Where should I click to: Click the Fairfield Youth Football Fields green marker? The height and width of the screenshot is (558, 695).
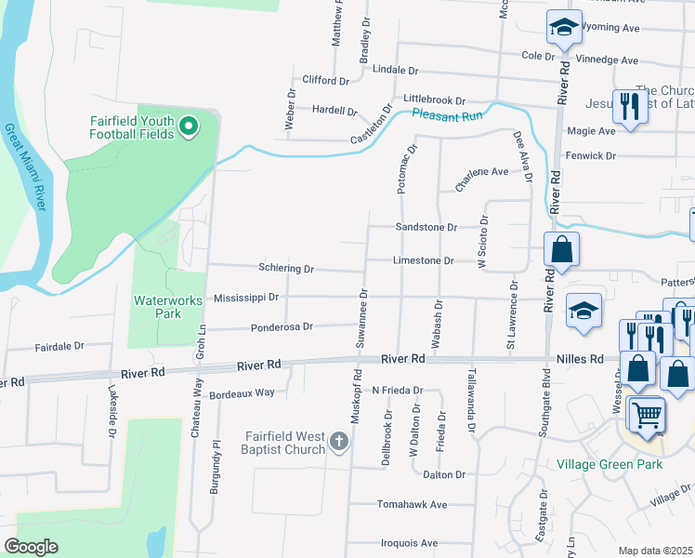189,126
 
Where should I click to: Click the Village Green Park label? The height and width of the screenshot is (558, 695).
609,463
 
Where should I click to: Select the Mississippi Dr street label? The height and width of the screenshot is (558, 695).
246,299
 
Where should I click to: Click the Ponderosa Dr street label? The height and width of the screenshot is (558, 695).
282,326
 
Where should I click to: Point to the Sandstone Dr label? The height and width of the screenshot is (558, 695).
426,227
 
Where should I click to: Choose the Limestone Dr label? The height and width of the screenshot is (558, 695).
423,261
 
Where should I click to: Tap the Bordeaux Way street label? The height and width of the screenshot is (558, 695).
242,392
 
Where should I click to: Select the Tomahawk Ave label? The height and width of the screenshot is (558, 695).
412,504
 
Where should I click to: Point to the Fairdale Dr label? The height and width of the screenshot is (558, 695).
59,346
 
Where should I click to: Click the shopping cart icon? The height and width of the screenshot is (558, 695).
645,414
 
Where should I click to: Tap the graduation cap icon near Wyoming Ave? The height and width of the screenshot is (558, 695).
563,28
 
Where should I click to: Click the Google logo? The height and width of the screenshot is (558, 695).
31,547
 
